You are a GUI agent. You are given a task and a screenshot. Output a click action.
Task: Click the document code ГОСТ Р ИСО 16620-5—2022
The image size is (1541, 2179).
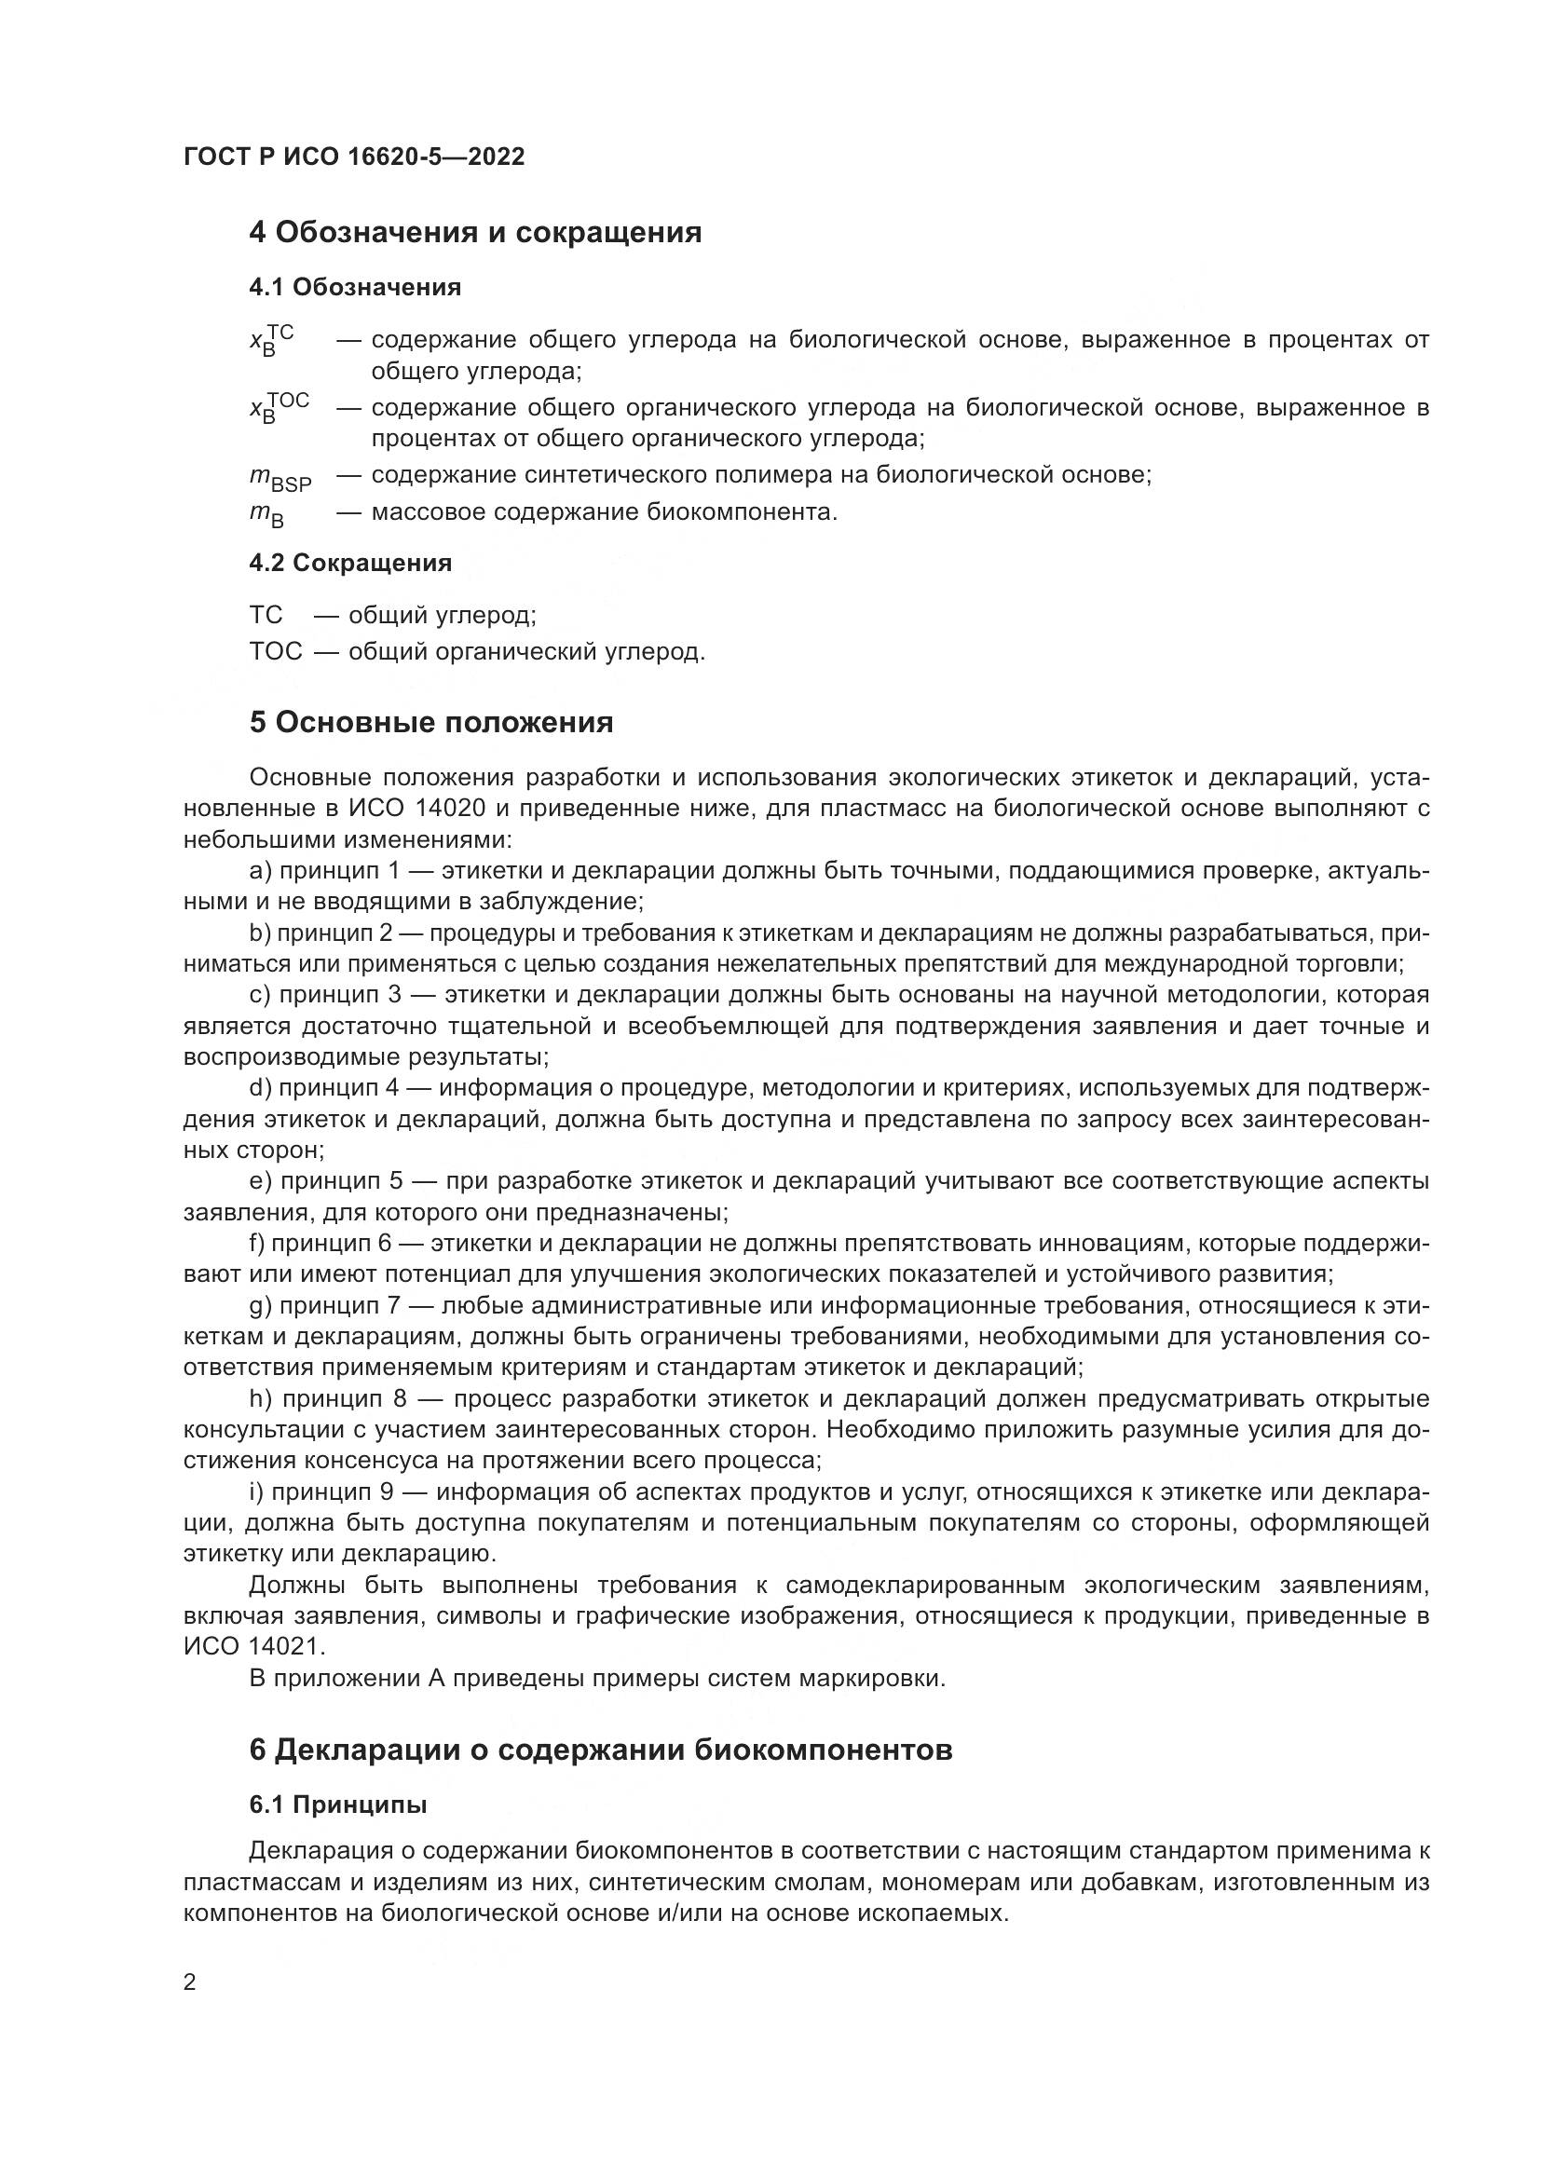coord(353,157)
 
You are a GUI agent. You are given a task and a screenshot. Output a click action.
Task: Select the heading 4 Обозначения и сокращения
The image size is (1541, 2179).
coord(474,233)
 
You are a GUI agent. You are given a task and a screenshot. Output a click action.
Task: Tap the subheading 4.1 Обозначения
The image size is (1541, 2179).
coord(355,288)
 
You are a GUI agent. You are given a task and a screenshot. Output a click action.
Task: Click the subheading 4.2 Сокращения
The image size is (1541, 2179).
coord(350,564)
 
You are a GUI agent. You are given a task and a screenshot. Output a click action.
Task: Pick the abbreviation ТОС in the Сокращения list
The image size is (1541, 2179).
coord(275,652)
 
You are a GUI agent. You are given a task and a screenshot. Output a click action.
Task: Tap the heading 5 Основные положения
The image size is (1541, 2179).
coord(430,723)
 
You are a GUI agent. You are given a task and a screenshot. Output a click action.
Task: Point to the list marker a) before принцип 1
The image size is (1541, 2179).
coord(261,871)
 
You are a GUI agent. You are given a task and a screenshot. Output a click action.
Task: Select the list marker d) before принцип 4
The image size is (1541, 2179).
coord(261,1087)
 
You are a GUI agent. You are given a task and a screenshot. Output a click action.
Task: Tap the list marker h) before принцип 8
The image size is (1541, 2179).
coord(261,1400)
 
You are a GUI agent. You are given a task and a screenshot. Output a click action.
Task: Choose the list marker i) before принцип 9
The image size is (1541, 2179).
coord(256,1492)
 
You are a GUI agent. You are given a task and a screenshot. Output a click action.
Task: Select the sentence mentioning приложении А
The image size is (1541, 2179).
coord(597,1679)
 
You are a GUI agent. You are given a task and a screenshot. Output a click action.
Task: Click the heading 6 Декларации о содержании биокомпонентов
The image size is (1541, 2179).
coord(600,1751)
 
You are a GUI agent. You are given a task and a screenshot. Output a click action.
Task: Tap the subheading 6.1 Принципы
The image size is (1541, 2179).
coord(338,1806)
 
